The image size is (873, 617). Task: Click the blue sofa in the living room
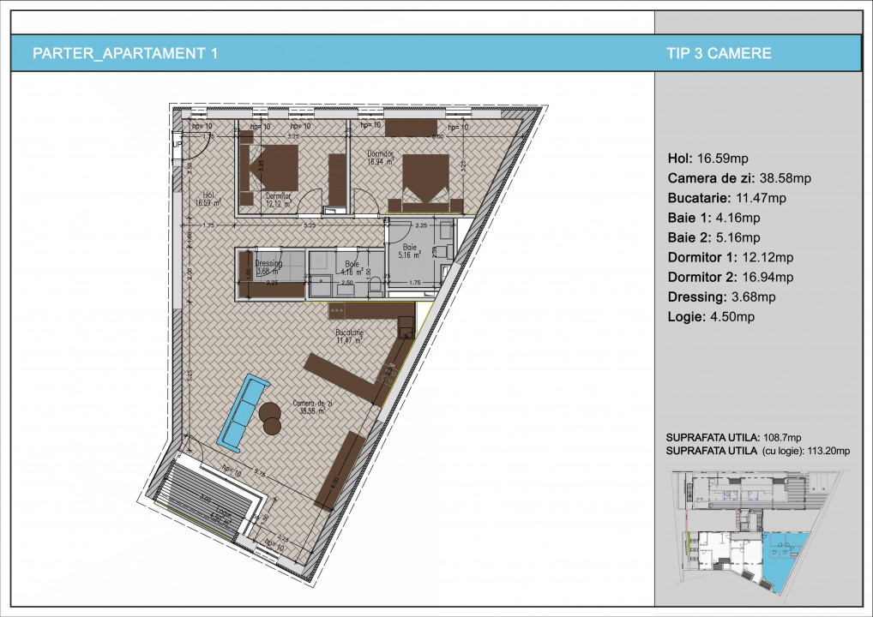[x=242, y=410]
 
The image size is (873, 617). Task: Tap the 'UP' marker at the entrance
[x=177, y=145]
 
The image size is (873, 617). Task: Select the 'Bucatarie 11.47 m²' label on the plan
[x=350, y=335]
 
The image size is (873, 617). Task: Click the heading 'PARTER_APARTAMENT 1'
[x=124, y=53]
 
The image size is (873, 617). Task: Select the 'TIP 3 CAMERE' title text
[x=718, y=53]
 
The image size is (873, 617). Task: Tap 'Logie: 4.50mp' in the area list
[x=710, y=317]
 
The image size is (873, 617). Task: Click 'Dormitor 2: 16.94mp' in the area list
[x=730, y=277]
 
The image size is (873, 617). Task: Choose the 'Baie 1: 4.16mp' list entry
[x=713, y=218]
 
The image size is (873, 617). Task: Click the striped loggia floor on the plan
[x=206, y=501]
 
